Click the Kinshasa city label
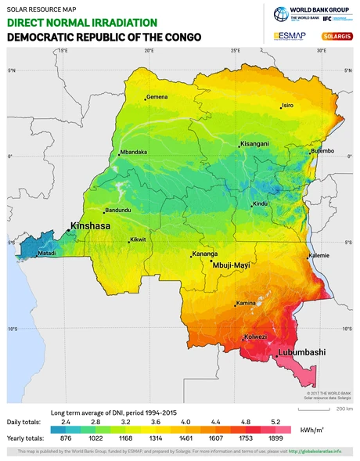pos(90,226)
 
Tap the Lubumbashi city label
pos(301,353)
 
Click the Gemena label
pos(157,97)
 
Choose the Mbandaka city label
pos(132,152)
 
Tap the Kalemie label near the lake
pos(319,255)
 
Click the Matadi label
pos(48,254)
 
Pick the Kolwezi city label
pos(256,337)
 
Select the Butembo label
pos(322,150)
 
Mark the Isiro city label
pos(287,105)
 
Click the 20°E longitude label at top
pos(149,50)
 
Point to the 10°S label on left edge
pos(13,329)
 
